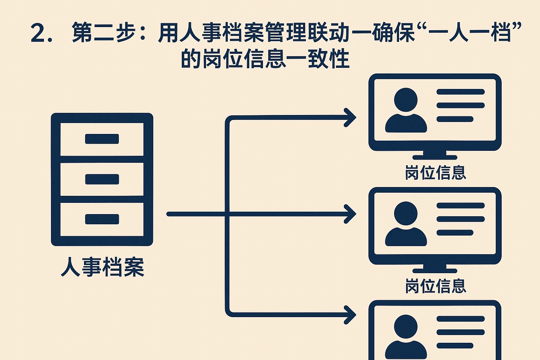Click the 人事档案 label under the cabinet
[102, 267]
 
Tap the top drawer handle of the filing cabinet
[102, 139]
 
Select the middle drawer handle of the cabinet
[102, 179]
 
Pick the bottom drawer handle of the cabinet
[102, 219]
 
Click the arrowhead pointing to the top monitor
[350, 117]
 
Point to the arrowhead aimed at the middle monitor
[350, 214]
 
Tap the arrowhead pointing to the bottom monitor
[350, 314]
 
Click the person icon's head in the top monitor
[406, 99]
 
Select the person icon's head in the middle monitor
[406, 213]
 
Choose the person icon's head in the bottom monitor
[406, 327]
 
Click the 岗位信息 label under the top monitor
[435, 173]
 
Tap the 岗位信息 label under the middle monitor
[435, 286]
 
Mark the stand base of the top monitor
[435, 157]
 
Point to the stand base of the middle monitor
[435, 271]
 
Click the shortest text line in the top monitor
[455, 119]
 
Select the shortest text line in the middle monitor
[455, 233]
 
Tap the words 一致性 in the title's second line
[318, 59]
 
